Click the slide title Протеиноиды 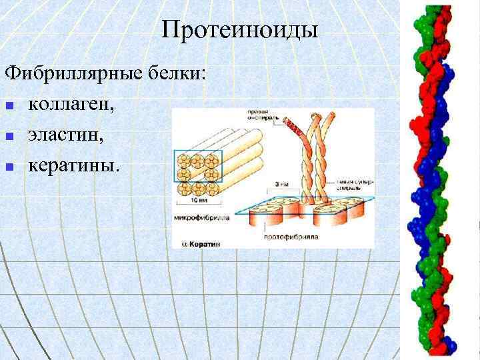pyautogui.click(x=240, y=29)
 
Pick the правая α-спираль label pyautogui.click(x=255, y=115)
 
